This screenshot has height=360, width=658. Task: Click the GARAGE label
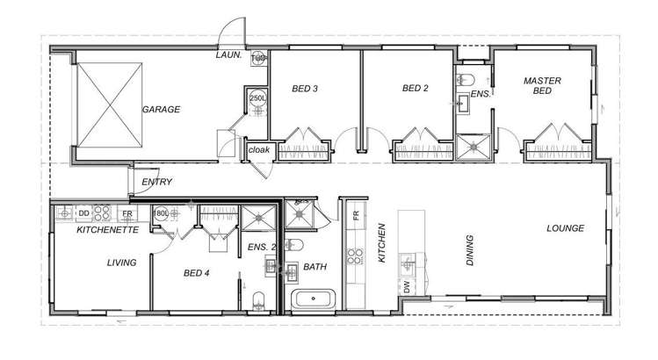(161, 110)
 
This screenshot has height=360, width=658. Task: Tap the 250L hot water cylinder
(257, 98)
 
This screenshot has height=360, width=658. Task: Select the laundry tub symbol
(260, 59)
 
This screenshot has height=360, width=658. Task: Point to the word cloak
(259, 150)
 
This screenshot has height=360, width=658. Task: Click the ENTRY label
(156, 182)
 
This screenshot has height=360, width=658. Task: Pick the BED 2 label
(415, 88)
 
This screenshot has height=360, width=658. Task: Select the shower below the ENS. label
(475, 148)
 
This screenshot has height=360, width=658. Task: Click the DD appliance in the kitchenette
(83, 212)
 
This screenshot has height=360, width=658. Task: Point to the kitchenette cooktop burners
(102, 212)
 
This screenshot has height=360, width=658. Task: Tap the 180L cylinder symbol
(162, 213)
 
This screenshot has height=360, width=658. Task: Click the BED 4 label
(195, 273)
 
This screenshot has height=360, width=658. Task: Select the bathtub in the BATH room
(312, 299)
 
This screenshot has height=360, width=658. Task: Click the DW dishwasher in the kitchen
(406, 287)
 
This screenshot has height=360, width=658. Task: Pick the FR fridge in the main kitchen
(356, 215)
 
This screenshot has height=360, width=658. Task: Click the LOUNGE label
(565, 228)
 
